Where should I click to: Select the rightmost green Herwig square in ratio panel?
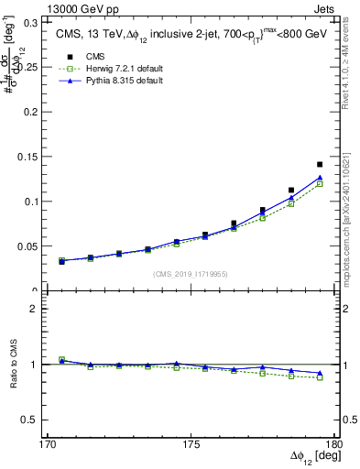(320, 377)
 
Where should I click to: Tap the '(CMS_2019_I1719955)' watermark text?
(191, 274)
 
